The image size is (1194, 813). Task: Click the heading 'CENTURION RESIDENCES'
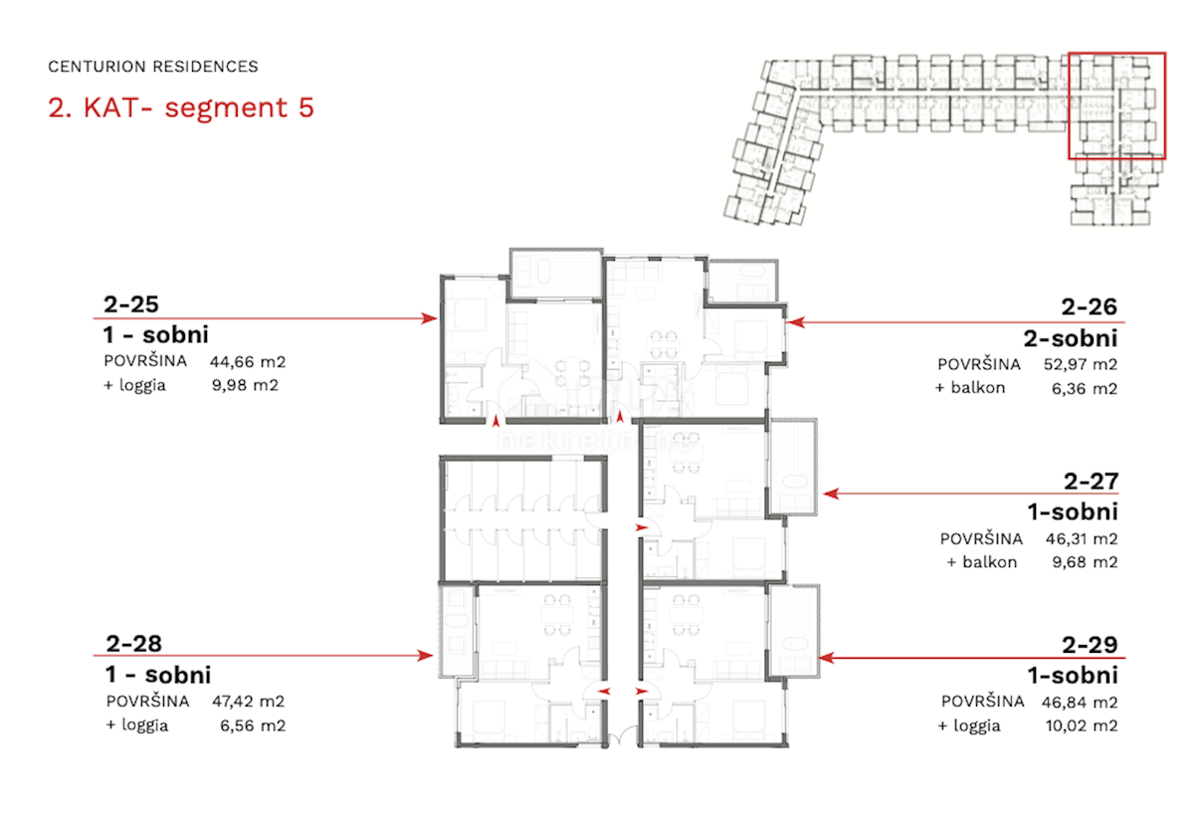[x=153, y=67]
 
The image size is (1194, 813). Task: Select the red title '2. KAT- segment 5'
[x=181, y=107]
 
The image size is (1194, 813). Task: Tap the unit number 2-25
[x=131, y=305]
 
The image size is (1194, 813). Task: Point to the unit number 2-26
[x=1089, y=306]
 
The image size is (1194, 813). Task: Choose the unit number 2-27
[x=1091, y=482]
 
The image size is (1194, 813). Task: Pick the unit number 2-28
[x=133, y=644]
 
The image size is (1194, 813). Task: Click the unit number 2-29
[x=1090, y=645]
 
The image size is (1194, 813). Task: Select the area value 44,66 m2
[x=248, y=362]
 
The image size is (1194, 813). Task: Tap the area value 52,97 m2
[x=1081, y=364]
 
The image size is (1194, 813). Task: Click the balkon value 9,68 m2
[x=1085, y=562]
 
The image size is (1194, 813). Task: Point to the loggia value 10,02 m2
[x=1082, y=725]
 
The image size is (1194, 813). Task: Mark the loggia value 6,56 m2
[x=253, y=725]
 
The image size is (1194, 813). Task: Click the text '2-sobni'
[x=1071, y=338]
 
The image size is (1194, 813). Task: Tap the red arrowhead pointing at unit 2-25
[x=429, y=318]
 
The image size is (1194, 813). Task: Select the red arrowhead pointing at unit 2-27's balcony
[x=831, y=494]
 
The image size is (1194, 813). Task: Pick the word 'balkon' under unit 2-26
[x=978, y=387]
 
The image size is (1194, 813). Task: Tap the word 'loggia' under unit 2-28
[x=145, y=725]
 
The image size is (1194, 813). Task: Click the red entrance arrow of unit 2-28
[x=603, y=692]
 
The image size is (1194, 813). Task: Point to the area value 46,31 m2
[x=1082, y=539]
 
